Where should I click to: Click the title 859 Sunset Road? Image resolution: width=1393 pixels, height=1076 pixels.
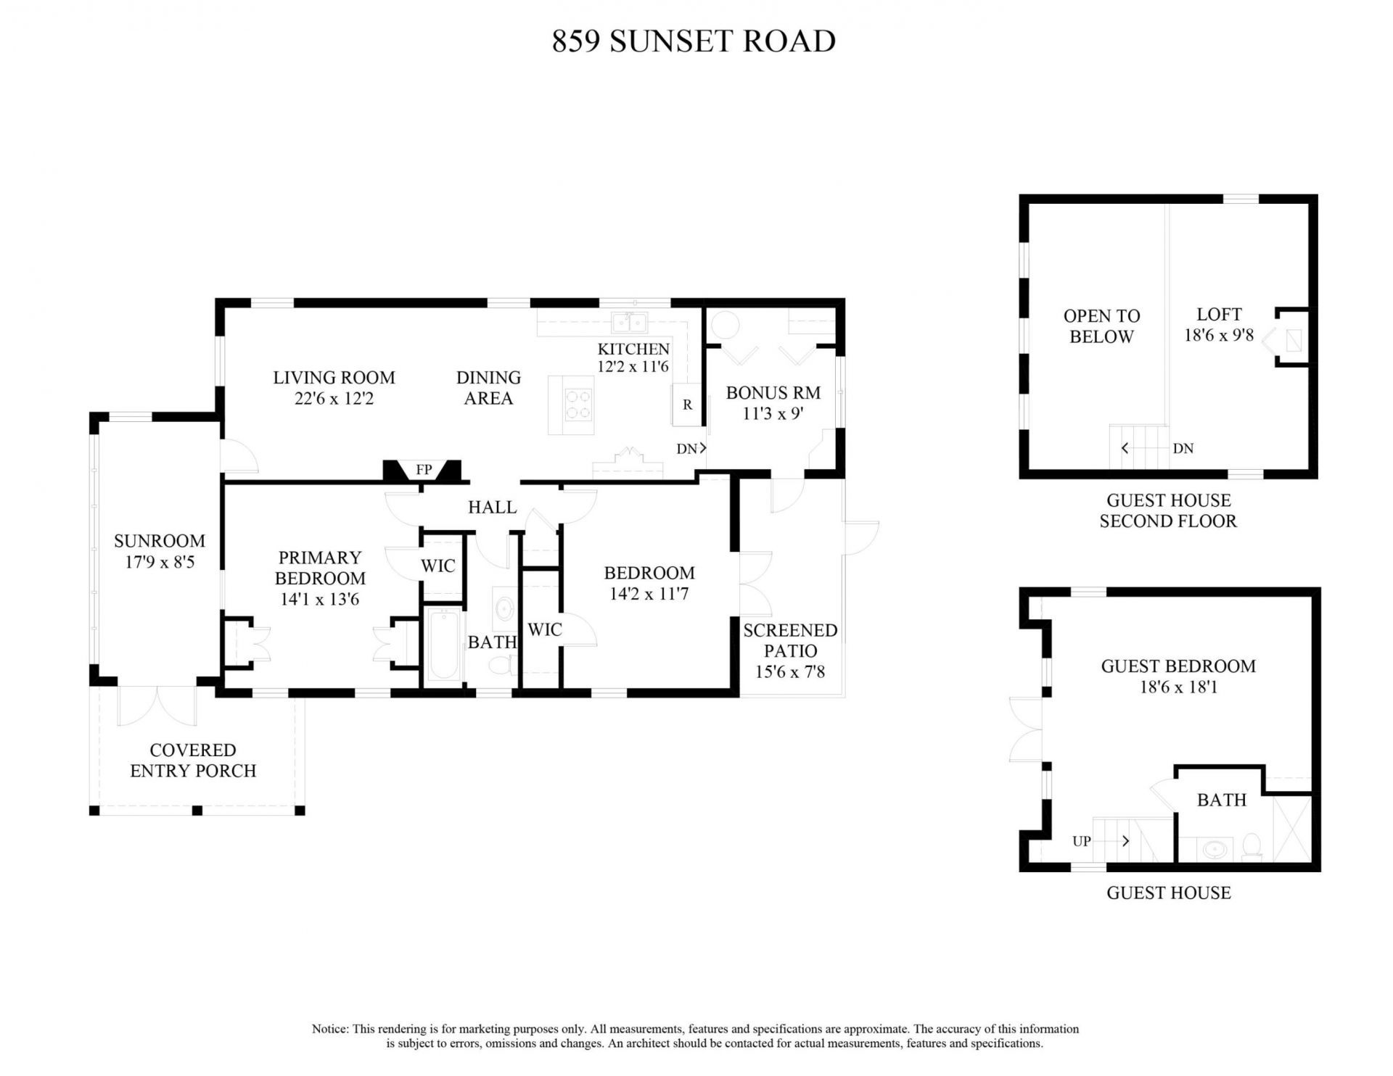coord(694,41)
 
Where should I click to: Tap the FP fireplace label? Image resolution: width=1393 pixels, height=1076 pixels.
coord(424,470)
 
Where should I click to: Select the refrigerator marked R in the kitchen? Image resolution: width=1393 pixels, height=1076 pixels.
coord(687,405)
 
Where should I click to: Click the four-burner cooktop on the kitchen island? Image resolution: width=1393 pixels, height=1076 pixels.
coord(578,404)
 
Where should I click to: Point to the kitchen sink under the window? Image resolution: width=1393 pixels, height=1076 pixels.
coord(628,321)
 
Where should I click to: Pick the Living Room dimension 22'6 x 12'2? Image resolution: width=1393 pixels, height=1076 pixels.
coord(334,398)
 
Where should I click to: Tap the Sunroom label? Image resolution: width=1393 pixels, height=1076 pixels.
coord(160,541)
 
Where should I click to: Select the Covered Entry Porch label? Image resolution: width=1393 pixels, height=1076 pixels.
coord(193,760)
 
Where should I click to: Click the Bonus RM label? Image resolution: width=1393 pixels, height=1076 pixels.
coord(773,393)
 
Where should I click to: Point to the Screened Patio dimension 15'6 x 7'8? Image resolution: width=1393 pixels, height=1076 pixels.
coord(790,672)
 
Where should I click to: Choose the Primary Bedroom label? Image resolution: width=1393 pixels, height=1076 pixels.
coord(320,568)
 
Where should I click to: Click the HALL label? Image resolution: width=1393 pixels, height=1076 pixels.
coord(492,508)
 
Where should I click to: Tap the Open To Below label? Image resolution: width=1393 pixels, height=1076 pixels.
coord(1101,326)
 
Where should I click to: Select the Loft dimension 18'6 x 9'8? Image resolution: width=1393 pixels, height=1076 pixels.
coord(1219,336)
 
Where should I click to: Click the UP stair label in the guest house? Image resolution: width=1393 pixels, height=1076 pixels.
coord(1082,841)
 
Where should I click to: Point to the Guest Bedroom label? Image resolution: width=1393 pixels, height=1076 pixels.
coord(1178,666)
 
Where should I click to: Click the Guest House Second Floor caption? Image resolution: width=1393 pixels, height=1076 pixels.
coord(1168,510)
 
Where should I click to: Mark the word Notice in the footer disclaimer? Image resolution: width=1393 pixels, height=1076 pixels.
coord(330,1029)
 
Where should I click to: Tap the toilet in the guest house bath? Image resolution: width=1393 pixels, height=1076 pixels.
coord(1252,846)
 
